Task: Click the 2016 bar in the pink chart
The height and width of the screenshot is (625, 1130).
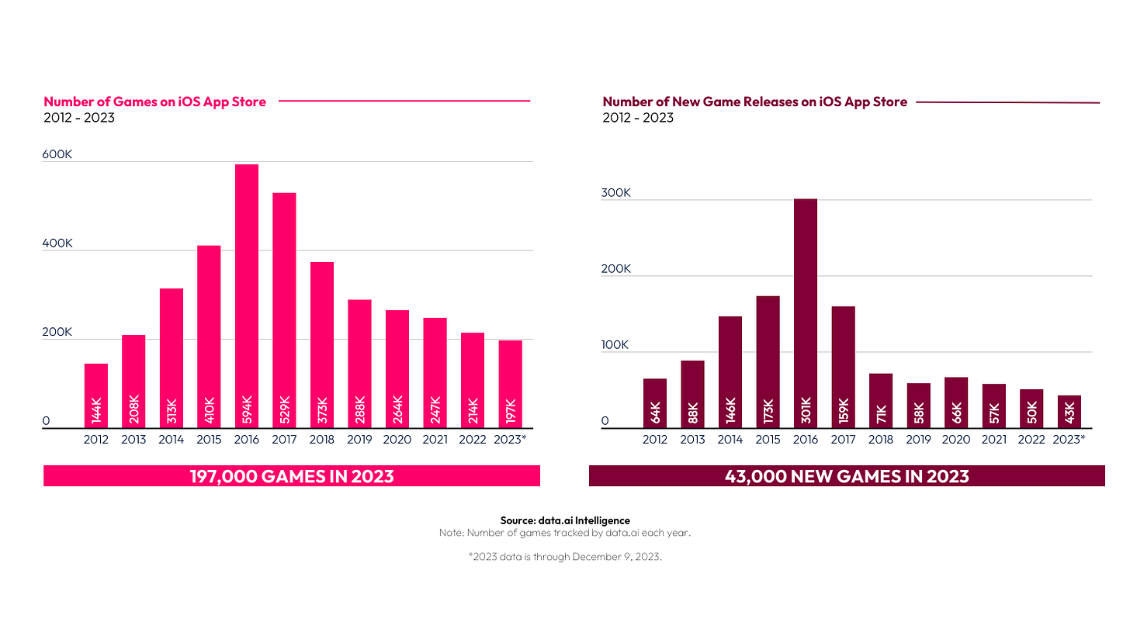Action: click(x=247, y=295)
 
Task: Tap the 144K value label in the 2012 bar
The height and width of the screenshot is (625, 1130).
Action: click(x=96, y=411)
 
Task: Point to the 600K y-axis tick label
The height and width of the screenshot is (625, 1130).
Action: click(x=57, y=154)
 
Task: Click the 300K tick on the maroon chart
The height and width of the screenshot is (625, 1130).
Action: click(x=616, y=192)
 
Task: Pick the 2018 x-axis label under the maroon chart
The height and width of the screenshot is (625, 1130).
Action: click(x=880, y=440)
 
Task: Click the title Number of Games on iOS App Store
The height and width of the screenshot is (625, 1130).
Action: click(x=154, y=102)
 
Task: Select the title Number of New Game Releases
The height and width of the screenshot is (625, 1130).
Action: click(x=754, y=102)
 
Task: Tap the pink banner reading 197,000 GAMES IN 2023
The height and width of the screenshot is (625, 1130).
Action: click(x=292, y=475)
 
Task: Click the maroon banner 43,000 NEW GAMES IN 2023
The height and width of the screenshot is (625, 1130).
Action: click(x=847, y=475)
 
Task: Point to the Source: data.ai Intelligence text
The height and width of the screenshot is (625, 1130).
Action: click(x=565, y=520)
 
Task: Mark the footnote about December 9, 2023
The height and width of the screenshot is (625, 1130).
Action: click(x=565, y=557)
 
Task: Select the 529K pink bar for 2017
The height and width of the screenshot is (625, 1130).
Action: click(x=284, y=310)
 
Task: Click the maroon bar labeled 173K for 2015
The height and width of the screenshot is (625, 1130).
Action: click(x=768, y=361)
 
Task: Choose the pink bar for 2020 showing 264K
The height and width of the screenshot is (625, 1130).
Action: click(x=397, y=368)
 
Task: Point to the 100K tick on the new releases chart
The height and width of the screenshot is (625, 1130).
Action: click(x=616, y=344)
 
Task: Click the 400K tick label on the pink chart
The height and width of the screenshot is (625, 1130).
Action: click(x=57, y=243)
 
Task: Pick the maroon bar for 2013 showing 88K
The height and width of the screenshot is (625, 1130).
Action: click(x=692, y=394)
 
